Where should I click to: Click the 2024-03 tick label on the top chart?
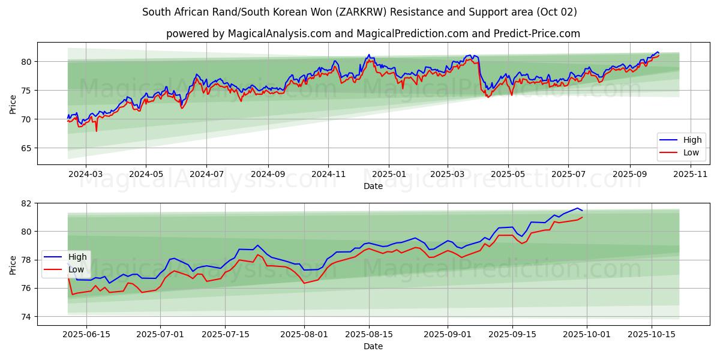tap(86, 174)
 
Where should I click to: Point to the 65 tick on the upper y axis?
tap(26, 148)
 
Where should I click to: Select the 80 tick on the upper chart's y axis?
tap(26, 62)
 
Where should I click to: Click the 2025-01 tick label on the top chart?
tap(389, 174)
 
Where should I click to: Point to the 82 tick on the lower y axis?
tap(26, 203)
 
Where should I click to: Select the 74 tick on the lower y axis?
tap(26, 317)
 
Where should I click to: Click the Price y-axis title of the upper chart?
tap(13, 104)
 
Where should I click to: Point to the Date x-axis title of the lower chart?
tap(373, 346)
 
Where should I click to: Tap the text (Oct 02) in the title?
tap(556, 12)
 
